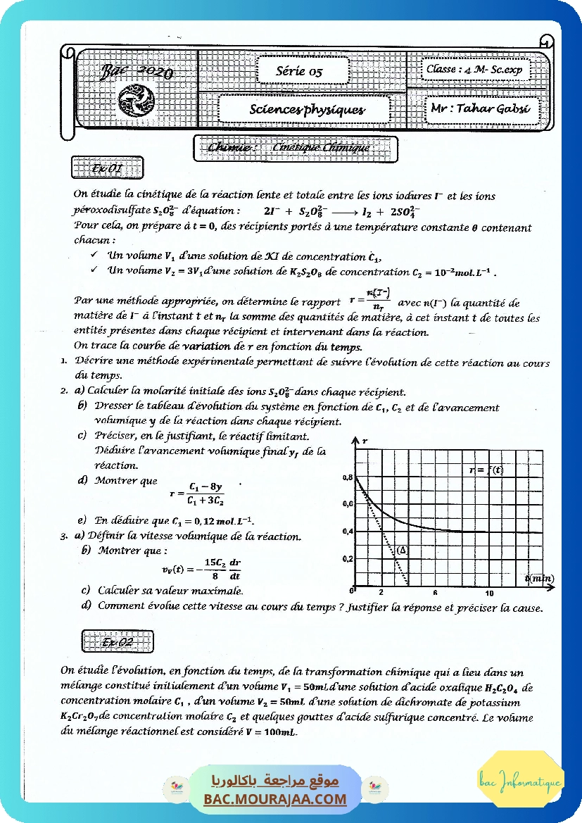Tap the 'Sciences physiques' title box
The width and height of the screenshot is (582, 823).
tap(307, 110)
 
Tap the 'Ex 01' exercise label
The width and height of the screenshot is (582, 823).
tap(107, 169)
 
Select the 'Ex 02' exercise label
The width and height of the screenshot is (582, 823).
tap(117, 641)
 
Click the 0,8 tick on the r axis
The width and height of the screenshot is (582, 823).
tap(348, 477)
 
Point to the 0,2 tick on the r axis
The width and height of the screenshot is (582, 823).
tap(348, 558)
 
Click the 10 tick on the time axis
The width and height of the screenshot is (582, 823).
tap(489, 593)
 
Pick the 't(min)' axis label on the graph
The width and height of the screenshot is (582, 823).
tap(539, 578)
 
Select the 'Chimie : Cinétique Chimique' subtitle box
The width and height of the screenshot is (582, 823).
tap(296, 148)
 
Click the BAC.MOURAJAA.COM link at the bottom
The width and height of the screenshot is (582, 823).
tap(275, 799)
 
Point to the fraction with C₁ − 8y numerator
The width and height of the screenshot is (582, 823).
tap(205, 494)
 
